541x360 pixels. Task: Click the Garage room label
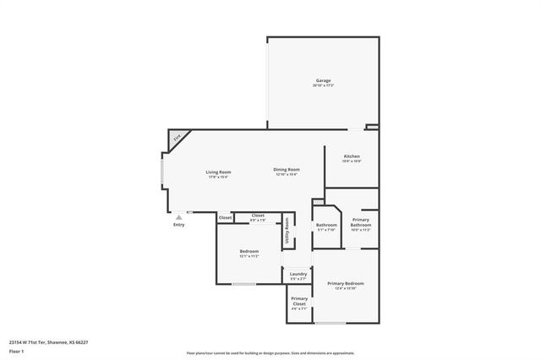click(323, 80)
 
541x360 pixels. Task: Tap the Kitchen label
click(352, 156)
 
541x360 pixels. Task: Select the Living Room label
click(218, 172)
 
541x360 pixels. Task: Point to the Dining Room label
click(287, 170)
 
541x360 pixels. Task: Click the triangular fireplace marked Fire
click(178, 137)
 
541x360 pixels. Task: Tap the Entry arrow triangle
click(178, 217)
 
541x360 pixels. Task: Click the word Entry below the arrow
click(178, 225)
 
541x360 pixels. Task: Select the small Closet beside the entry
click(225, 218)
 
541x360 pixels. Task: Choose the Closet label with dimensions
click(258, 215)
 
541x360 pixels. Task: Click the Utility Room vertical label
click(287, 231)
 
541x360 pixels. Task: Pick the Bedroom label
click(249, 252)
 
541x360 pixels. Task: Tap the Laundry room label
click(298, 274)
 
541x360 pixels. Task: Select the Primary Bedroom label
click(346, 283)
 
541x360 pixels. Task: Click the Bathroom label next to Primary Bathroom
click(326, 225)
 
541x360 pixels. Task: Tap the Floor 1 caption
click(16, 351)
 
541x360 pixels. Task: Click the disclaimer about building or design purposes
click(270, 353)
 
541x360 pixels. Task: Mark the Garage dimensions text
click(323, 85)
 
